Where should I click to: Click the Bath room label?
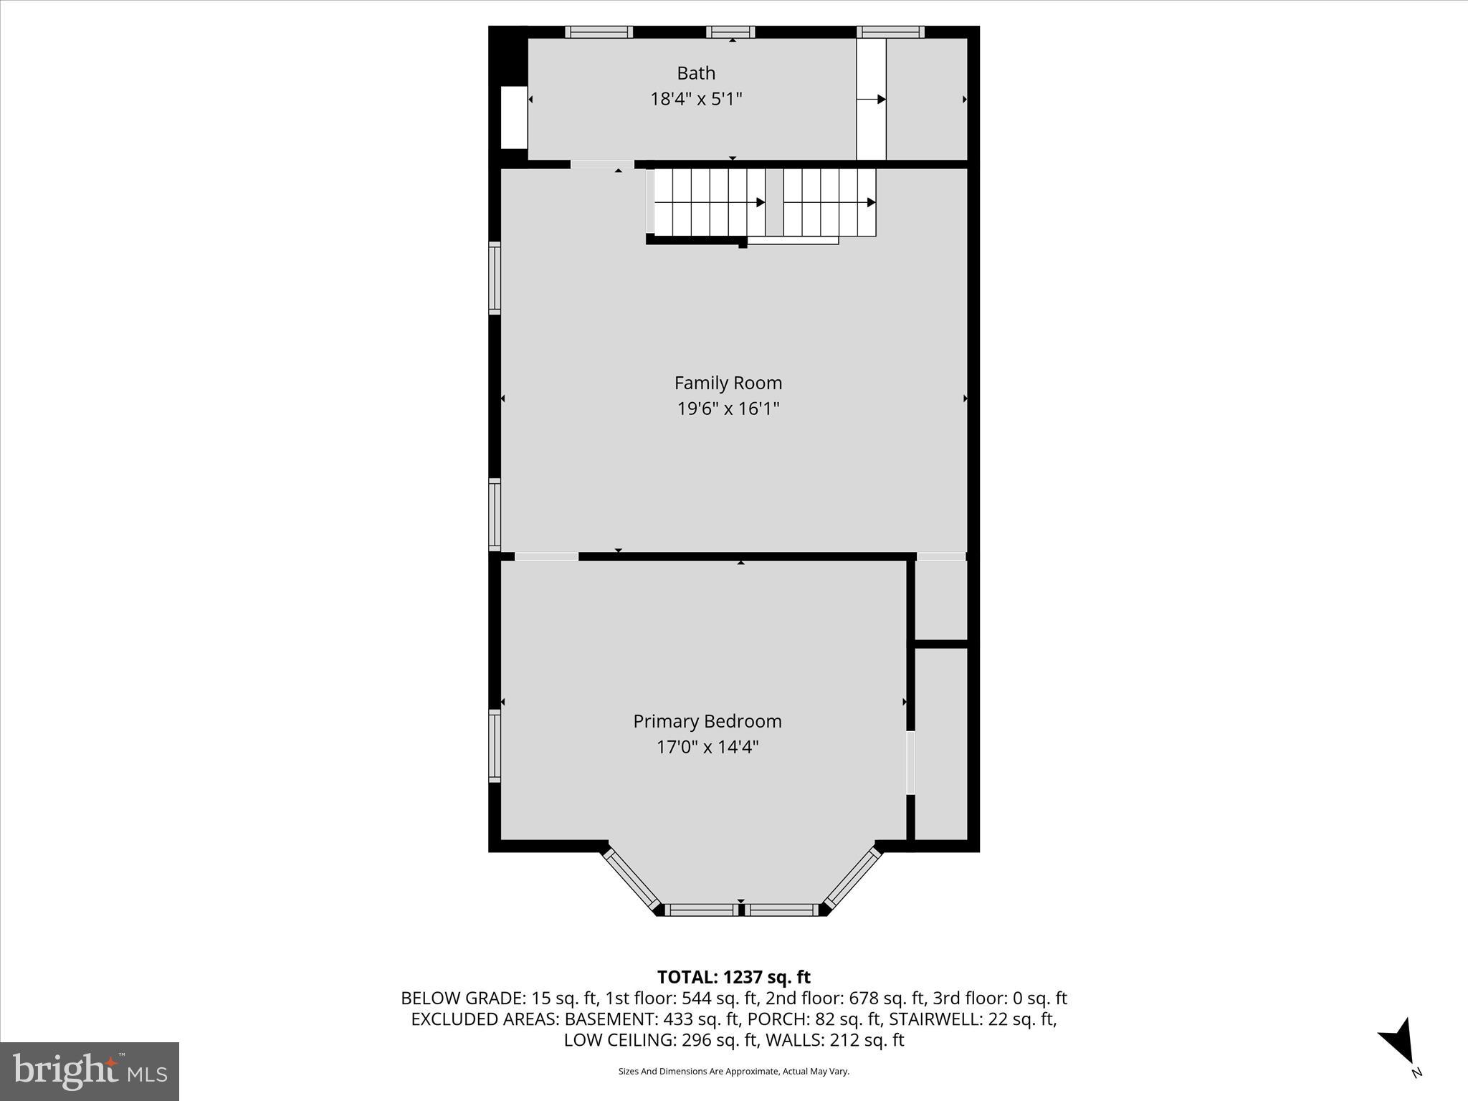(696, 73)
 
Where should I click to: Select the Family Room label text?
(728, 383)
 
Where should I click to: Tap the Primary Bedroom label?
(707, 721)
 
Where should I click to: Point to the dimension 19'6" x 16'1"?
(728, 409)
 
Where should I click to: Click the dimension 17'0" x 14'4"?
(707, 747)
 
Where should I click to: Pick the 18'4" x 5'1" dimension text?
(696, 99)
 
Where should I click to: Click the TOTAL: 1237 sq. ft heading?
(733, 977)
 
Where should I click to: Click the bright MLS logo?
(90, 1071)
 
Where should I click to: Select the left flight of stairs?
(707, 202)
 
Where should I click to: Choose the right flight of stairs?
(829, 202)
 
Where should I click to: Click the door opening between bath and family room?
(602, 164)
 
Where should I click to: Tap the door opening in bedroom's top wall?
(546, 556)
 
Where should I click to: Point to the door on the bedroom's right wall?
(910, 762)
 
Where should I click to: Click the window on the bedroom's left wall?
(495, 745)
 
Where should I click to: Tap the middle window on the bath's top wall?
(730, 32)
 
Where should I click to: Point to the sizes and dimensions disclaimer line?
(733, 1072)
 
